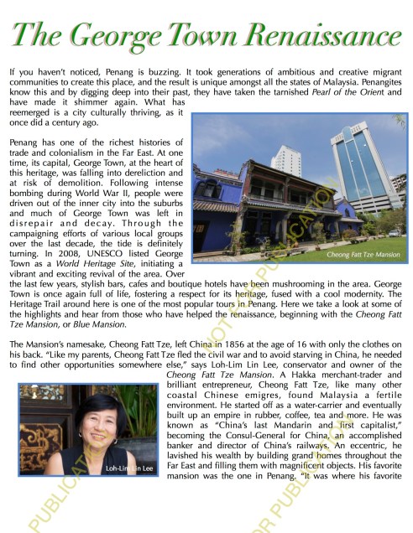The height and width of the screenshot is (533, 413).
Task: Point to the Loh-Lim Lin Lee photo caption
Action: click(128, 490)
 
